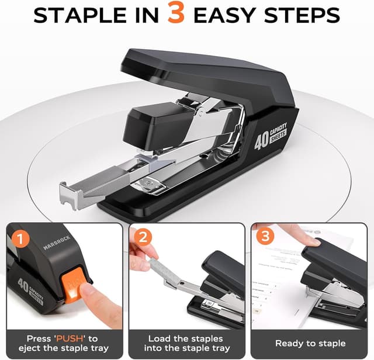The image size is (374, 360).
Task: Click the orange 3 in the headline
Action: tap(175, 14)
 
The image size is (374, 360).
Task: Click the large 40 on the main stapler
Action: tap(261, 141)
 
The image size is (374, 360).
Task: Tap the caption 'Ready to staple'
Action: tap(310, 343)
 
